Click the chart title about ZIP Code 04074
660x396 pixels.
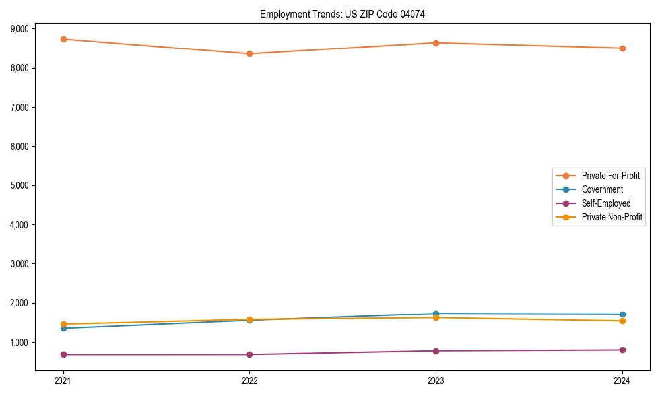(x=347, y=14)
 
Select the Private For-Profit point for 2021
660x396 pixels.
(x=63, y=39)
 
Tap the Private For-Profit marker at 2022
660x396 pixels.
(x=249, y=53)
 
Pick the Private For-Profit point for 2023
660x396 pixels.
(x=436, y=43)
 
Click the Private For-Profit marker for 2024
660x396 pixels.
(x=622, y=48)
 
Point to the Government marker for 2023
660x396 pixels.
(x=436, y=313)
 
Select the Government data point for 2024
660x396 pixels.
(x=622, y=314)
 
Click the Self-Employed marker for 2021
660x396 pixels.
(x=63, y=354)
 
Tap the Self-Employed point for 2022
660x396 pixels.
(x=249, y=354)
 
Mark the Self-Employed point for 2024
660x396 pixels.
(x=622, y=350)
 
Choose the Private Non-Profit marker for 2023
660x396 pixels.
(x=436, y=317)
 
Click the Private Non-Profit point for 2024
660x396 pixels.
(x=622, y=321)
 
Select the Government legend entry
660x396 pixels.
(x=602, y=189)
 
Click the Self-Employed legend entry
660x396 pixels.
(x=606, y=203)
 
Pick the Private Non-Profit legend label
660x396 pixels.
(x=612, y=217)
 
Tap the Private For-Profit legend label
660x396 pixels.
(x=610, y=176)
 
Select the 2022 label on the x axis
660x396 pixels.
(x=249, y=380)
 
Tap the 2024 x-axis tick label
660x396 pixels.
(x=622, y=380)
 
